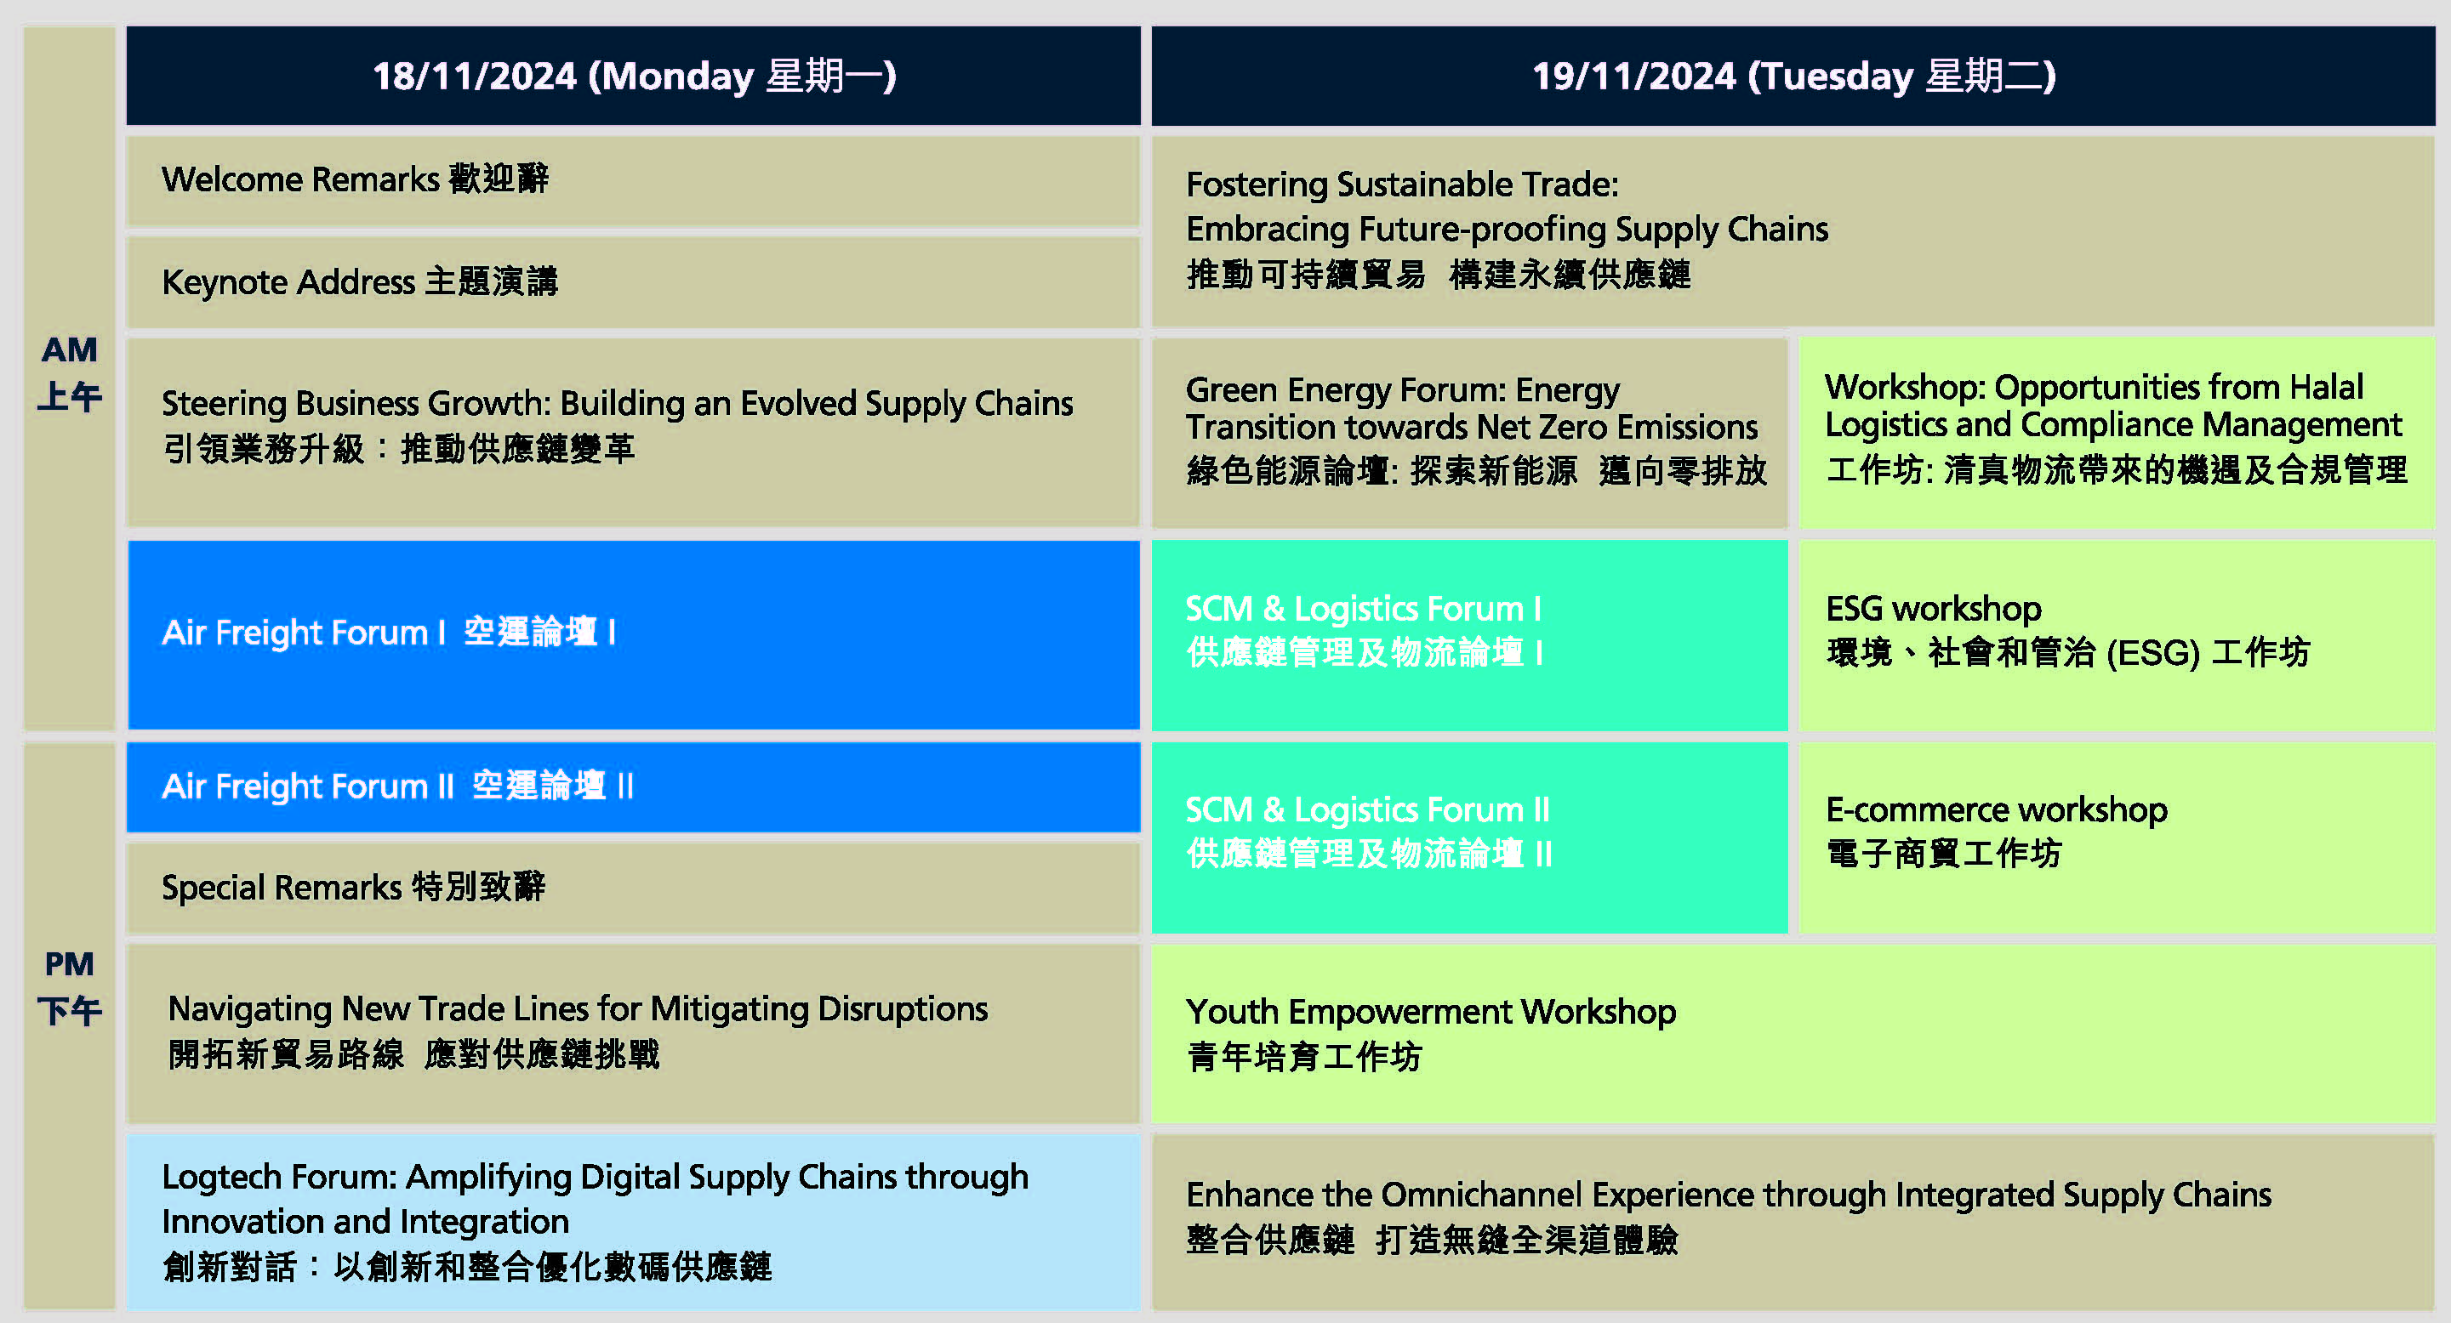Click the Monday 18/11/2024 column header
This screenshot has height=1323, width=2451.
[633, 75]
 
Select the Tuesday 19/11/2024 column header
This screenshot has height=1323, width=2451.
[1793, 75]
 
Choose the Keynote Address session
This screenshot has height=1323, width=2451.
[633, 282]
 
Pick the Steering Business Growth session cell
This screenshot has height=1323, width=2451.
[633, 433]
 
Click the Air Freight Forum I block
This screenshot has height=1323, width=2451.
[633, 634]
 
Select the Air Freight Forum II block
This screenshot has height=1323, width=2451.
[633, 786]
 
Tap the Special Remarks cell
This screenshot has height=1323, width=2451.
[633, 889]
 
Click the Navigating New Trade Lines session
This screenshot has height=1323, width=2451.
[633, 1034]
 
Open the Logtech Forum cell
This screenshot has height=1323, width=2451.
[633, 1222]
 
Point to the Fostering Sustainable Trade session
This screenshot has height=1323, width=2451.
[1793, 231]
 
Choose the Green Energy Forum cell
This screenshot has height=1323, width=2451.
[1469, 433]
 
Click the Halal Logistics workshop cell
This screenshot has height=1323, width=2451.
[2117, 433]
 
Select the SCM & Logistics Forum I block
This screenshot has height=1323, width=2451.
[1469, 634]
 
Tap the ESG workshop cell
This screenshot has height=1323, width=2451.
[2117, 634]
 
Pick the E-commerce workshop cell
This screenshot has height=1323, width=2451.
[2117, 837]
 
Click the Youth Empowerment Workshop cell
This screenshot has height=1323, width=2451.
[1793, 1034]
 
